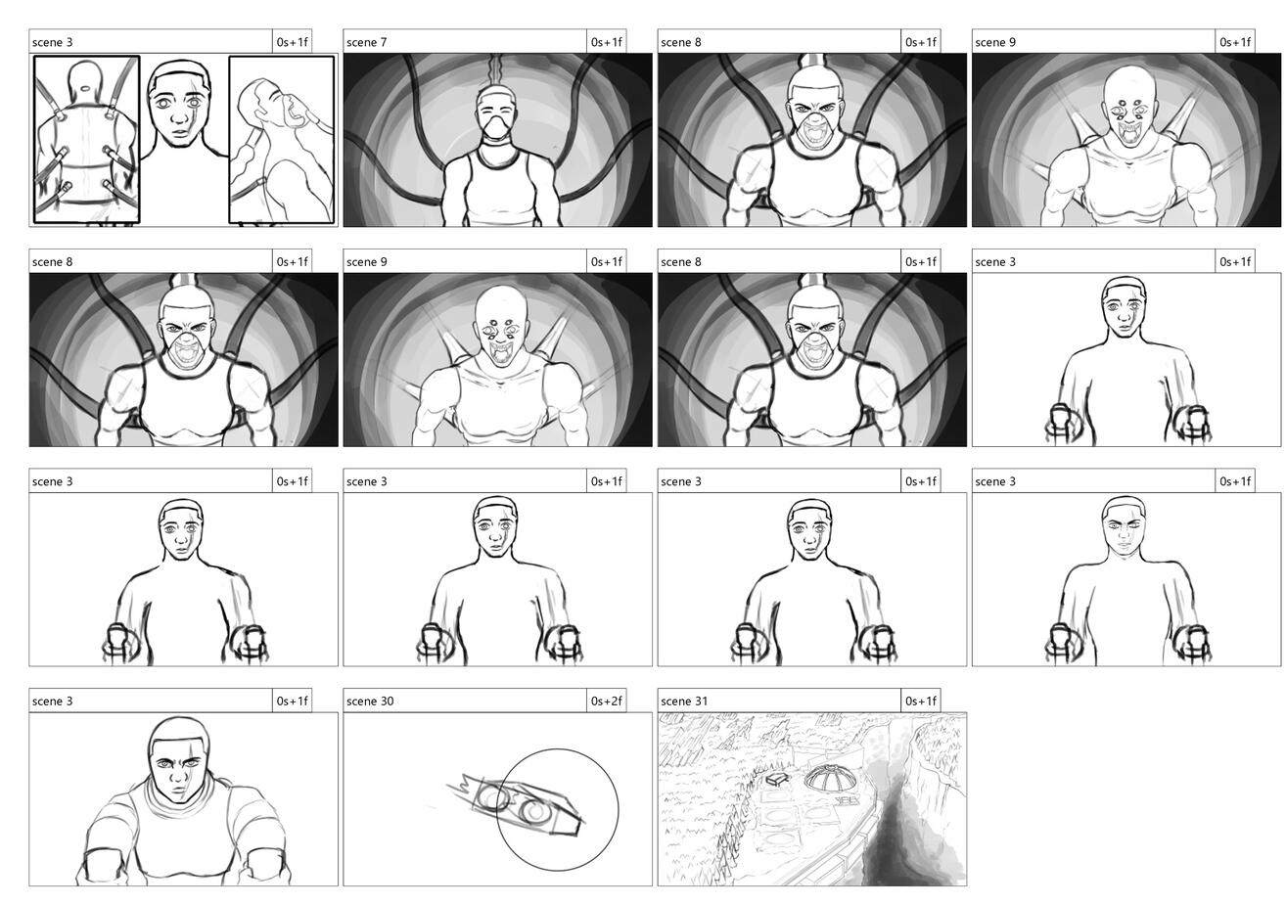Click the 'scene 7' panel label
[366, 42]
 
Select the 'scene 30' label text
[370, 701]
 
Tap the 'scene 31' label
[684, 701]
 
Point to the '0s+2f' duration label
[606, 701]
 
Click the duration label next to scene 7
[606, 42]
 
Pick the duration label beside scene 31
[920, 701]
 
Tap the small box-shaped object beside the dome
[777, 779]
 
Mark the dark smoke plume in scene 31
[901, 833]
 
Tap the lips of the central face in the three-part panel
[180, 134]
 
